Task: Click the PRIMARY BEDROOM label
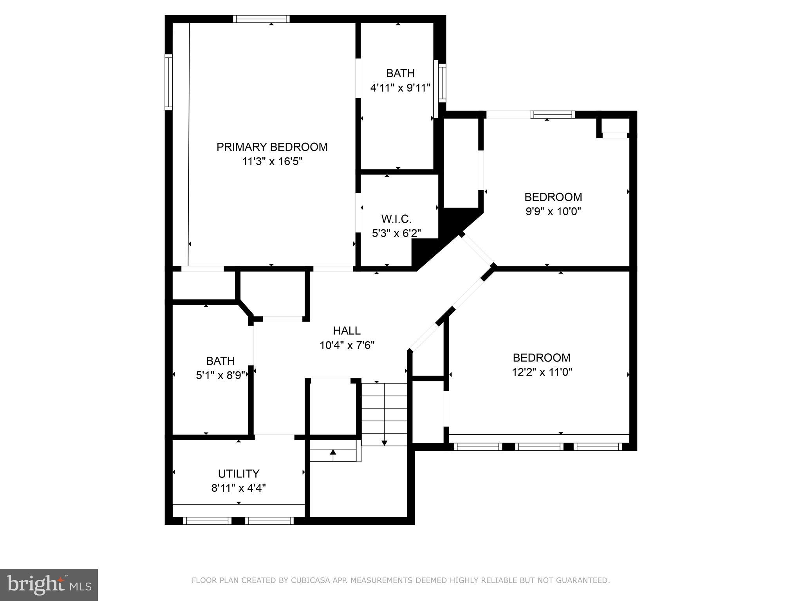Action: [272, 147]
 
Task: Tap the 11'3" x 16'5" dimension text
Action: [272, 161]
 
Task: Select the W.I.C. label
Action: [396, 219]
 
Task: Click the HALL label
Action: [347, 331]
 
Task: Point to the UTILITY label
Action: [238, 474]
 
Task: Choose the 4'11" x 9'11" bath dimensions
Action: [400, 88]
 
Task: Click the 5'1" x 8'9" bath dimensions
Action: [220, 375]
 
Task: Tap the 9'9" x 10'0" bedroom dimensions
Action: [553, 211]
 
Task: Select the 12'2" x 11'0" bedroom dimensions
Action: [542, 372]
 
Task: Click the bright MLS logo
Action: [49, 585]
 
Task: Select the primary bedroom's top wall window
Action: [261, 19]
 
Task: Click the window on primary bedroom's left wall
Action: [168, 82]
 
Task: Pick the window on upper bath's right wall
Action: [442, 82]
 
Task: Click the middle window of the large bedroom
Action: [539, 446]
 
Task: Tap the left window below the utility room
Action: [207, 521]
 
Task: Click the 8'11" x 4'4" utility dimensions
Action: [238, 488]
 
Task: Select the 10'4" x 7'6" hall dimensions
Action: [347, 345]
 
